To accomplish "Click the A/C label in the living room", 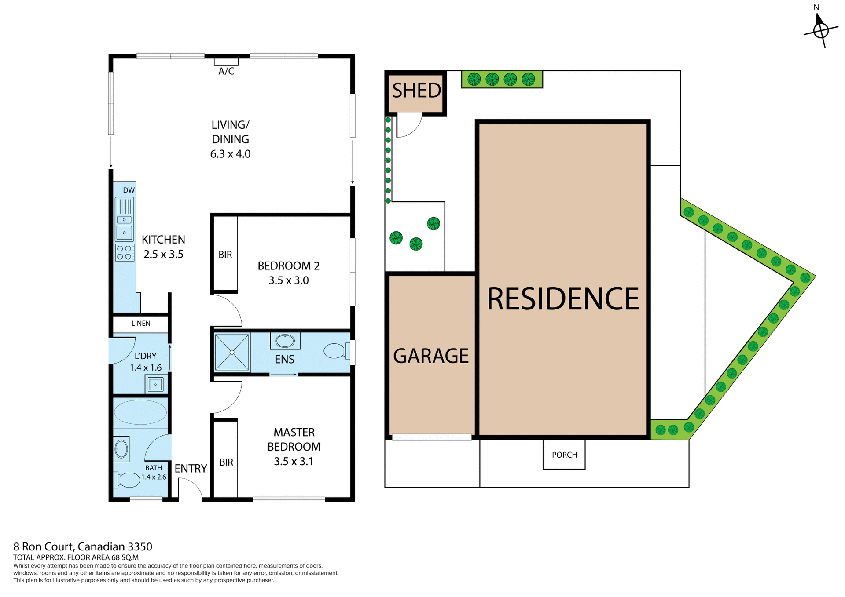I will [x=226, y=71].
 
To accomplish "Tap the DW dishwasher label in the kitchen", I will [x=129, y=190].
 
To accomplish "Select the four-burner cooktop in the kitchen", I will [x=124, y=252].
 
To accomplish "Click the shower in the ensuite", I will [x=232, y=352].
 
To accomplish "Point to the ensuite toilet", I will [x=337, y=351].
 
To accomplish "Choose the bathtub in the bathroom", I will [x=140, y=412].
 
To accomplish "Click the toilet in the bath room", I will [x=127, y=480].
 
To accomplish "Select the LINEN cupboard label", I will [x=141, y=324].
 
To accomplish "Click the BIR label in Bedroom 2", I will [x=225, y=255].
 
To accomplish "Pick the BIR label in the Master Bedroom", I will [x=226, y=462].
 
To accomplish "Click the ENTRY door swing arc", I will [x=192, y=488].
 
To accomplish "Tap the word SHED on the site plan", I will [x=416, y=91].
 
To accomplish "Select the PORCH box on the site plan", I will [x=564, y=455].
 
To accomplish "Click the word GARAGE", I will [x=431, y=356].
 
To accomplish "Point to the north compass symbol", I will [x=820, y=30].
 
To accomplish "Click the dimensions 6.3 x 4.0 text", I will [x=230, y=154].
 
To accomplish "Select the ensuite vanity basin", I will [x=285, y=341].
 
